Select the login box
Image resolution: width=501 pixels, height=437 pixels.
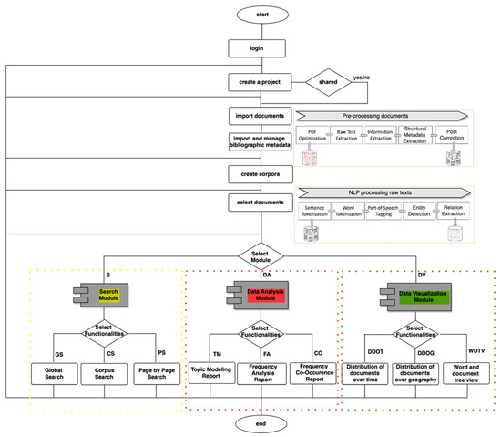pyautogui.click(x=256, y=49)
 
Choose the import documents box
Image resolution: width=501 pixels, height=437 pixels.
pyautogui.click(x=256, y=116)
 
